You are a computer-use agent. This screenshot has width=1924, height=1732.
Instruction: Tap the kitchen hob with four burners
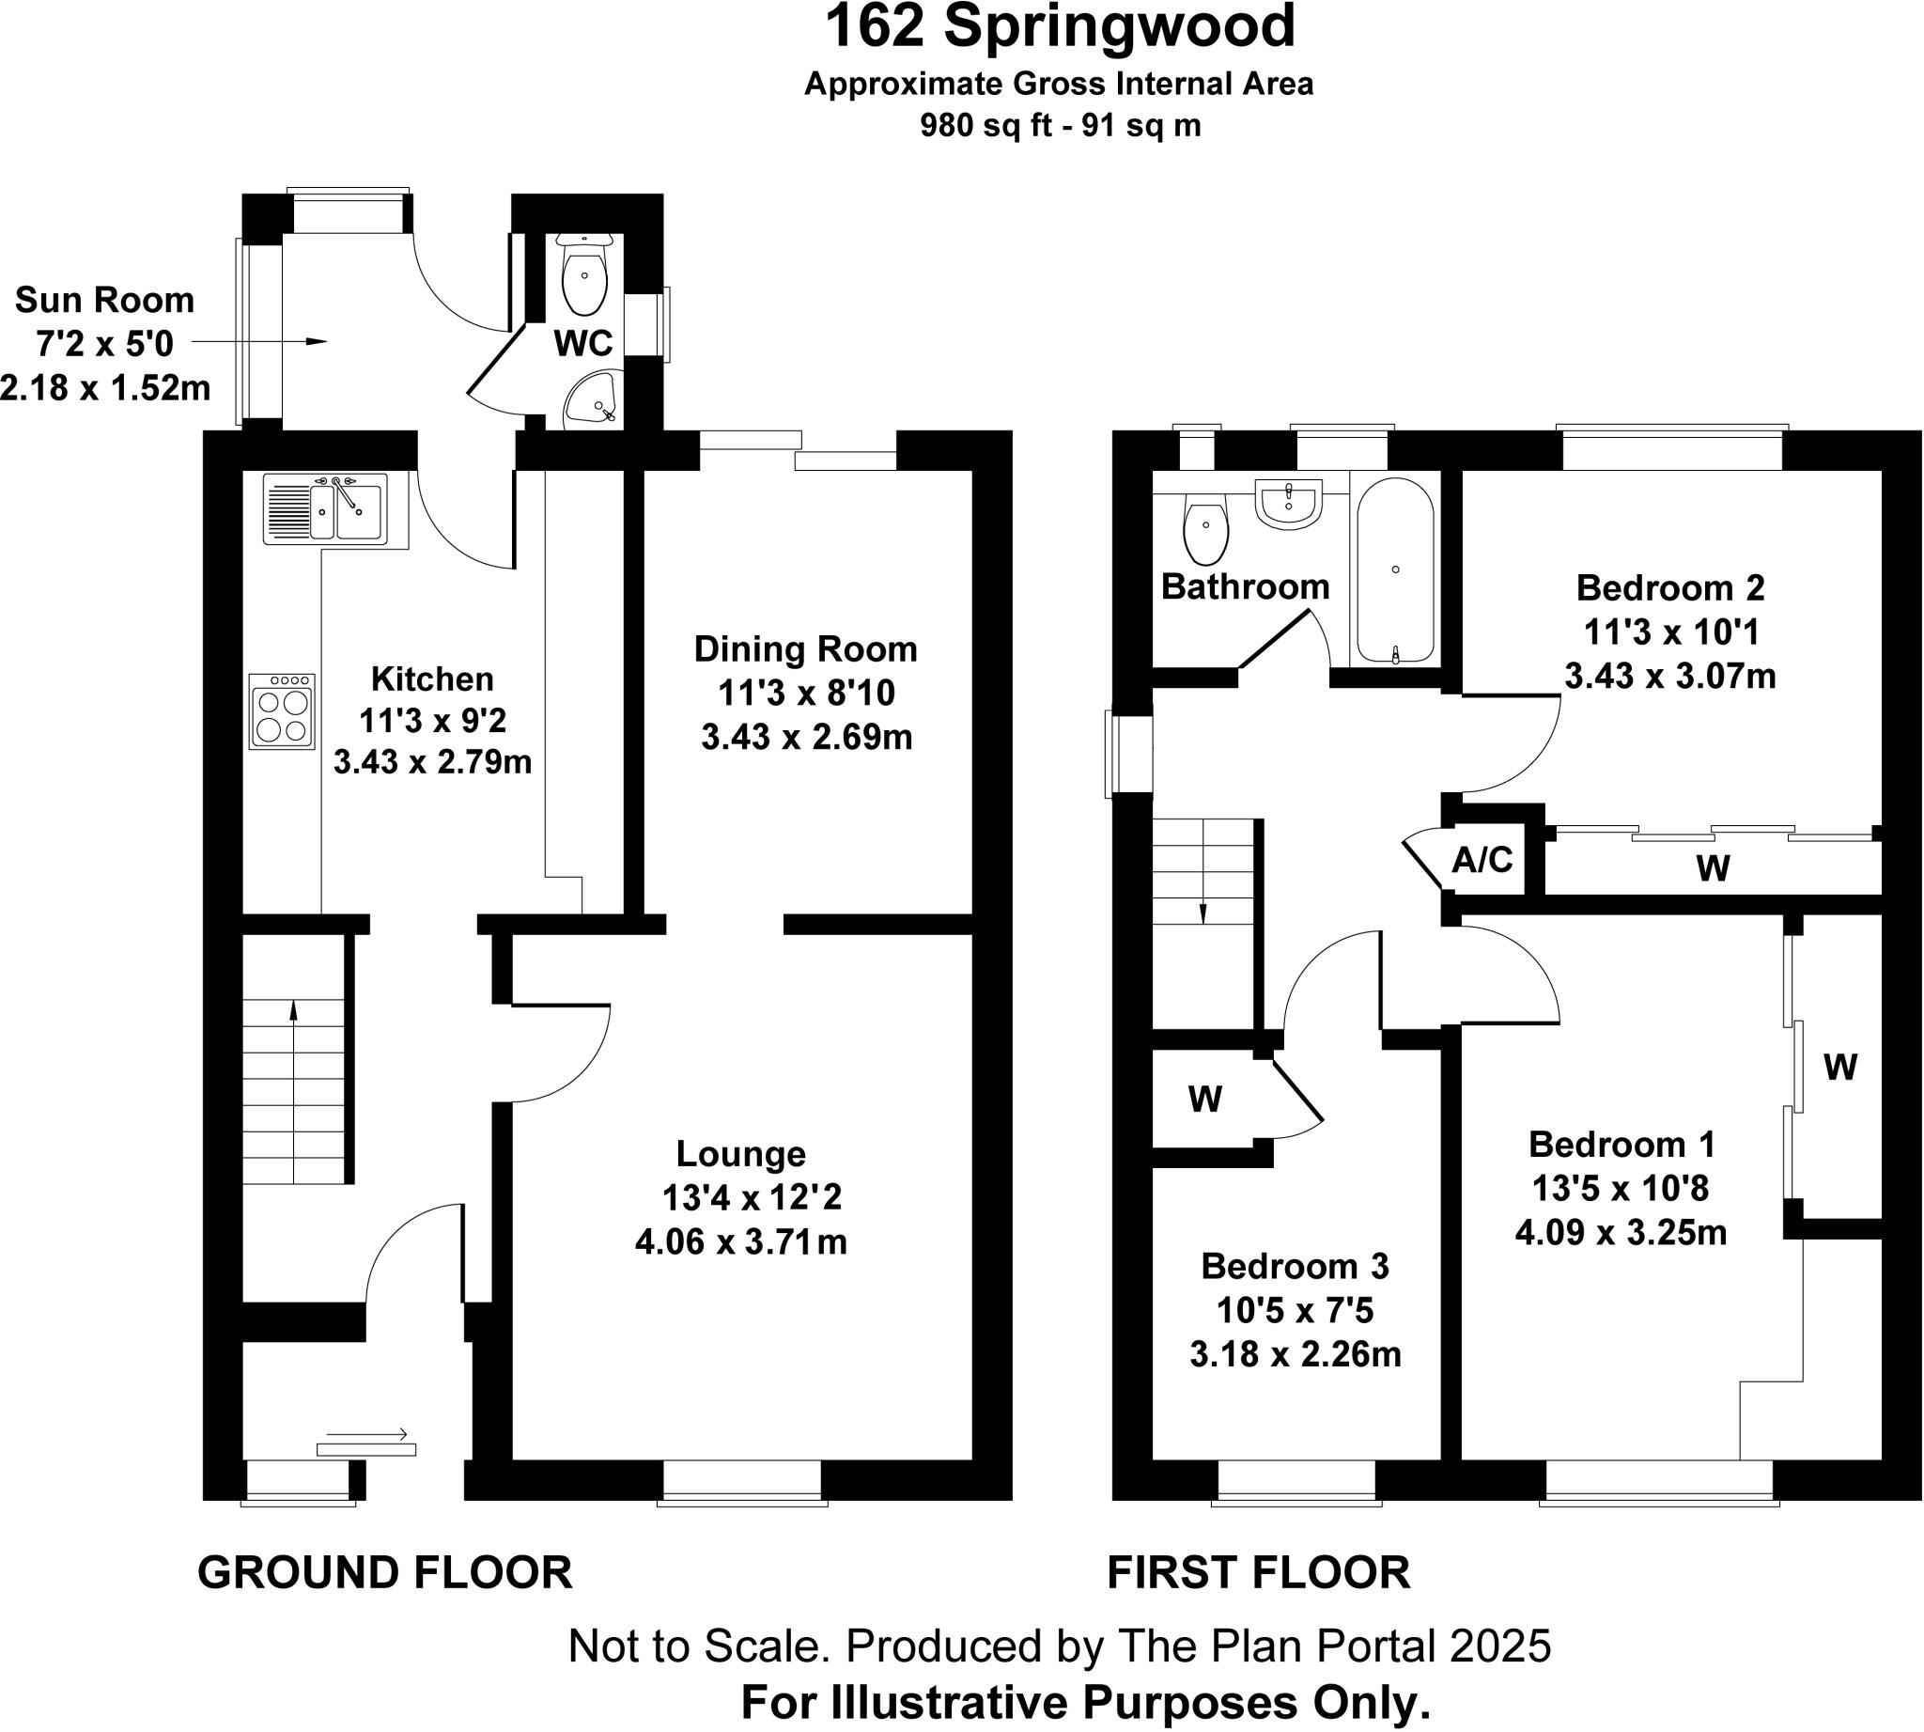point(283,710)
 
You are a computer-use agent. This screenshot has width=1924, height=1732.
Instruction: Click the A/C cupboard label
point(1482,860)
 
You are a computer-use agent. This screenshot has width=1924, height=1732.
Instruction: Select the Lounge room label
point(740,1153)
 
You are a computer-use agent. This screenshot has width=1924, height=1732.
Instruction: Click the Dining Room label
point(805,649)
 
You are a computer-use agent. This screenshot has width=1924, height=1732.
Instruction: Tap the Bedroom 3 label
point(1296,1266)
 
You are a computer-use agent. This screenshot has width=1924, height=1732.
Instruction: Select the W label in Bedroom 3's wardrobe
point(1204,1100)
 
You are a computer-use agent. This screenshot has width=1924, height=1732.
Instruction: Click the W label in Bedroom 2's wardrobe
point(1713,868)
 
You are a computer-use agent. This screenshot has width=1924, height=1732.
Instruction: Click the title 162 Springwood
point(1059,26)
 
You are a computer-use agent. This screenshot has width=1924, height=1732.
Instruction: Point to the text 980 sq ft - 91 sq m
point(1059,126)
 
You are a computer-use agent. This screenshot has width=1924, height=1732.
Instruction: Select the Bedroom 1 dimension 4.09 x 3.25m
point(1621,1232)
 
